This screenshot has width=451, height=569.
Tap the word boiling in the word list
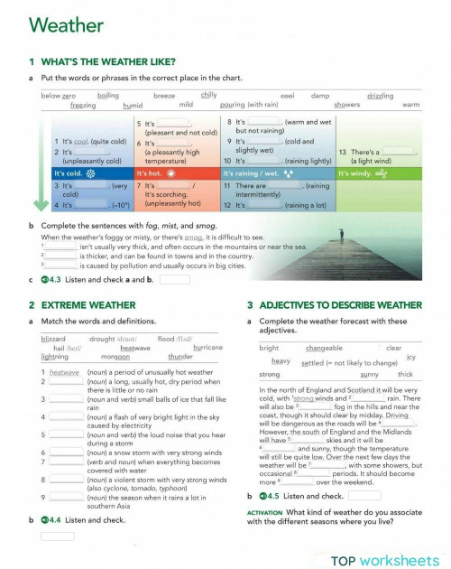(108, 95)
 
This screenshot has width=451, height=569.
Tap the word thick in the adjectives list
(405, 374)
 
